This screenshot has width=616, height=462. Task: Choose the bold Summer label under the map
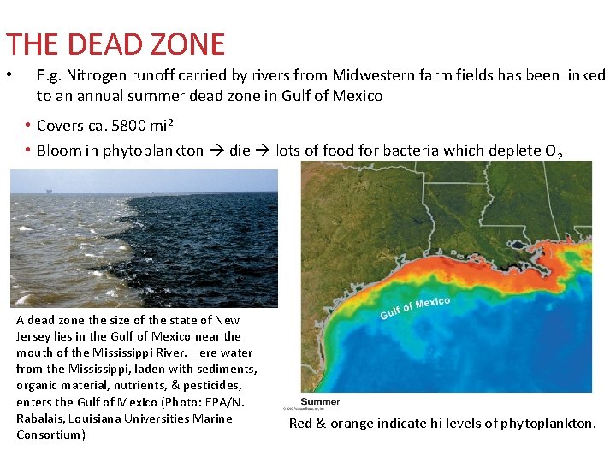[x=320, y=402]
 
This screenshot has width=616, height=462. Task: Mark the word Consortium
[x=50, y=435]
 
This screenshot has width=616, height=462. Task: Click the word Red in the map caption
[x=301, y=423]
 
